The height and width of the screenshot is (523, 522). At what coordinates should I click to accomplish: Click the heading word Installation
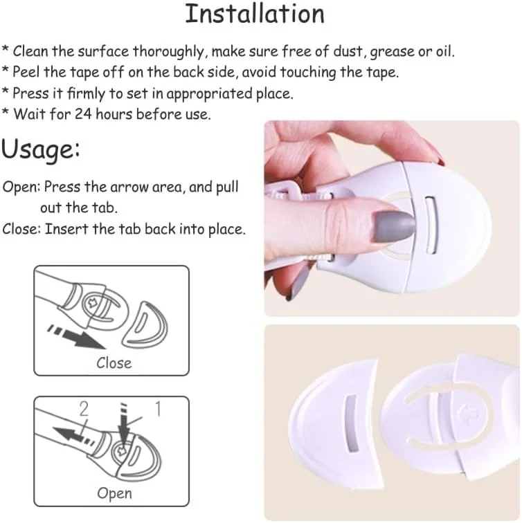click(255, 14)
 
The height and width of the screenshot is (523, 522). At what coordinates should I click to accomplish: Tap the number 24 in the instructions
click(83, 114)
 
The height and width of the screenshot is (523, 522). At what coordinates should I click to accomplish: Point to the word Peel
click(26, 72)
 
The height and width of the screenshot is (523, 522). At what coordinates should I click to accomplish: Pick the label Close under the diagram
click(114, 363)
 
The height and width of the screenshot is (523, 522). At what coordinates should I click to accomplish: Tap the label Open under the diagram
click(114, 494)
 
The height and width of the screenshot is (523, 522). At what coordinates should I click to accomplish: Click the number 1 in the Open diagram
click(159, 409)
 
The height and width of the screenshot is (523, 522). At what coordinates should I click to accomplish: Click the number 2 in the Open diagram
click(84, 409)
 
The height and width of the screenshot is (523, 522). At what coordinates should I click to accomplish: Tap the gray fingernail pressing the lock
click(394, 227)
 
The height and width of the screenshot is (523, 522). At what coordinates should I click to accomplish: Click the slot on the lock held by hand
click(431, 226)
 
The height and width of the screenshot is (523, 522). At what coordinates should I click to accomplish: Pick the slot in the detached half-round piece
click(352, 423)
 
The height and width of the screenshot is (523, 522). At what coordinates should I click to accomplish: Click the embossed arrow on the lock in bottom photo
click(470, 414)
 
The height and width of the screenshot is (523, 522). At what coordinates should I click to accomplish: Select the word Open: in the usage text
click(21, 187)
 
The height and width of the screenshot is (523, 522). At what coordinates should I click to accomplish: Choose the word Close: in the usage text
click(21, 229)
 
